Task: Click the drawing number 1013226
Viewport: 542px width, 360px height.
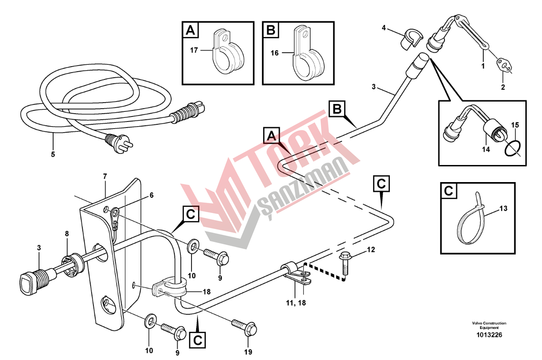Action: click(x=489, y=335)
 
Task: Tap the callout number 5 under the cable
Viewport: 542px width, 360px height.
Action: click(x=53, y=154)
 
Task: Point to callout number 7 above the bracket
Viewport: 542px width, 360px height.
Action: click(x=105, y=177)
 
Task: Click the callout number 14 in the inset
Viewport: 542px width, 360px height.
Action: click(x=486, y=150)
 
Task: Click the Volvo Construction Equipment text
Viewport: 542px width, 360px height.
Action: click(x=489, y=325)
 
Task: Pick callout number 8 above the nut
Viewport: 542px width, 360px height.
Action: click(x=67, y=234)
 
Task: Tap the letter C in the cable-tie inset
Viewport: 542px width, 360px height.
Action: click(x=449, y=191)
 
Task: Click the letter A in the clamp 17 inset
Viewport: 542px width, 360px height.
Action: click(x=191, y=30)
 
